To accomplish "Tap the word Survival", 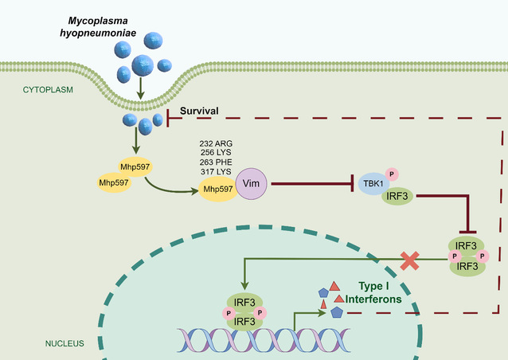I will point(200,113).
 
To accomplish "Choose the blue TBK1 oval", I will point(372,183).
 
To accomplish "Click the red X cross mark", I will point(410,260).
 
